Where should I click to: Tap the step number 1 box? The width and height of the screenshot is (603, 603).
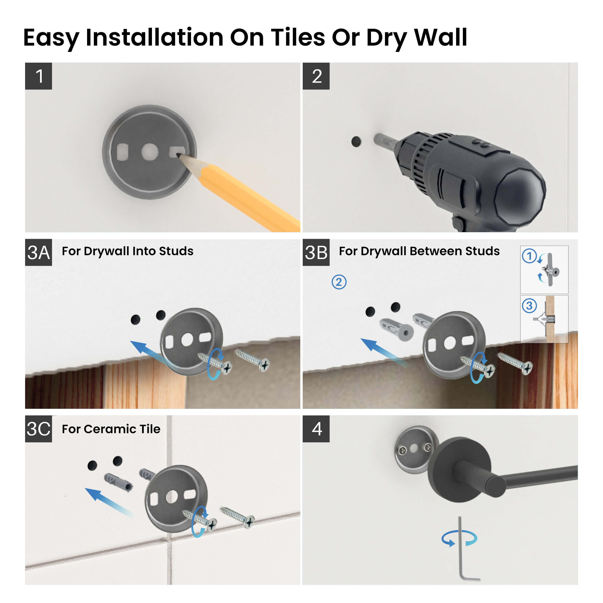click(x=38, y=76)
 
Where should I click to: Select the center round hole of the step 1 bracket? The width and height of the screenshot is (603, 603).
click(x=150, y=152)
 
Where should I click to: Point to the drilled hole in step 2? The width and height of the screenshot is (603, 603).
click(x=356, y=142)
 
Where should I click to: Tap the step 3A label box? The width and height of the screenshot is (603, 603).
click(x=38, y=253)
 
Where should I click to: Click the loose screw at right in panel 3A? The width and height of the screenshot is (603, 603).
click(x=253, y=361)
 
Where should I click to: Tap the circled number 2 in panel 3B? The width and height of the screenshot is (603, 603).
click(x=339, y=282)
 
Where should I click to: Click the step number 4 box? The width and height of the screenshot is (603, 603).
click(x=316, y=429)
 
